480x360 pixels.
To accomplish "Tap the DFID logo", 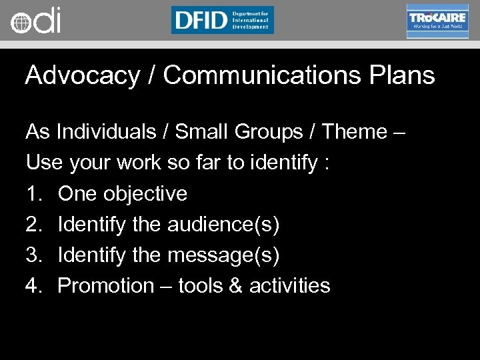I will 222,20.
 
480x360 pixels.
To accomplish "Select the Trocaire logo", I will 437,21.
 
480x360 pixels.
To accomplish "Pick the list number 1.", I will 33,194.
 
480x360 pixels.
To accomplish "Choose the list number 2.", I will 33,225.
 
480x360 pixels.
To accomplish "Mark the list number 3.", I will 33,255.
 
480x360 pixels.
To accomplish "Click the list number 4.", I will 33,286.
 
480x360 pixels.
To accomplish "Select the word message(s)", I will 223,255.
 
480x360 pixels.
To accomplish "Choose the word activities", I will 289,286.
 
